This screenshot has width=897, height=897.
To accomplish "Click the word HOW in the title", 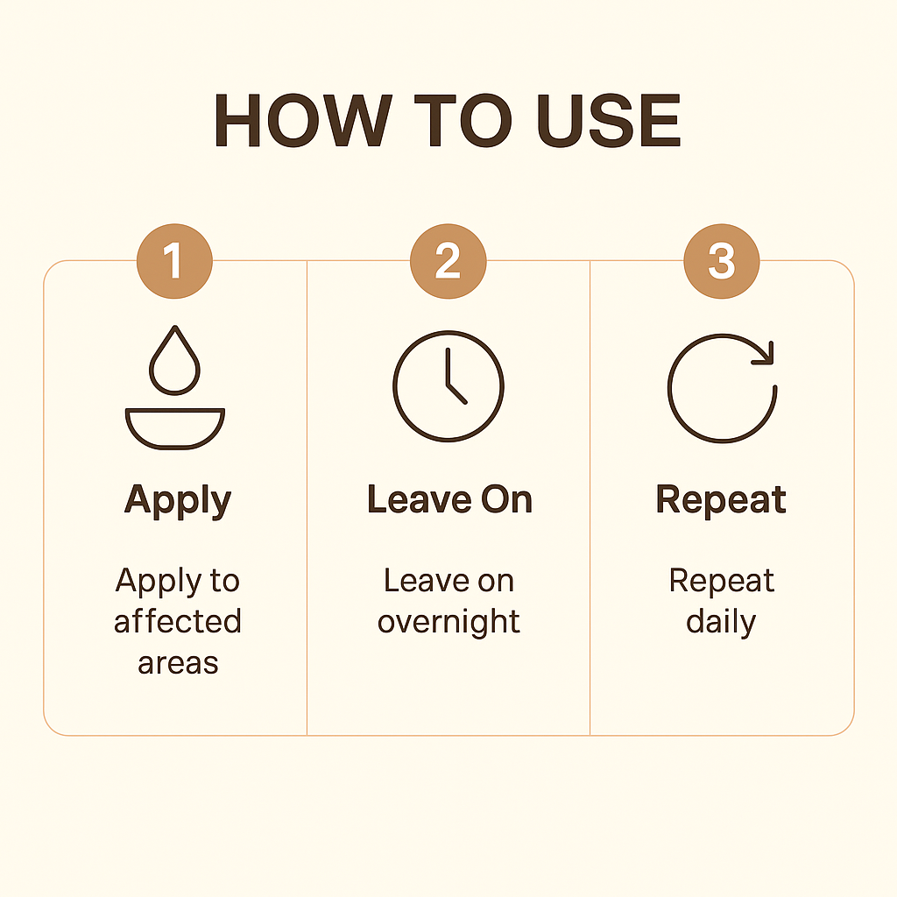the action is click(x=303, y=120).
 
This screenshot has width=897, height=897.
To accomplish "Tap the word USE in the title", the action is click(x=609, y=120).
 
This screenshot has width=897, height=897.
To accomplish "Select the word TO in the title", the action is click(x=463, y=120).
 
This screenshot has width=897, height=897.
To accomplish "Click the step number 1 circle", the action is click(x=174, y=261).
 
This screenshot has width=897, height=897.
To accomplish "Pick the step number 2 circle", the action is click(x=448, y=261).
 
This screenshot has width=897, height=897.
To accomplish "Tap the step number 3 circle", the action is click(x=722, y=261).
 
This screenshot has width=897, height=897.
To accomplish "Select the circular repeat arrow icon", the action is click(x=669, y=389).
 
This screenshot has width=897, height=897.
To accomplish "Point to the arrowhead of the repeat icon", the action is click(x=766, y=354).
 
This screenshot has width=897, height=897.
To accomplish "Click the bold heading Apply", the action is click(x=178, y=500).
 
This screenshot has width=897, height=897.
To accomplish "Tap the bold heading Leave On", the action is click(x=449, y=499).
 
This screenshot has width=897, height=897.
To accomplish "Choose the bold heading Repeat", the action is click(x=721, y=500).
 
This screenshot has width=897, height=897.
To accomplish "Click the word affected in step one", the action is click(x=177, y=621).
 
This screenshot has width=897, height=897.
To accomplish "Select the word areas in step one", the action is click(x=178, y=664).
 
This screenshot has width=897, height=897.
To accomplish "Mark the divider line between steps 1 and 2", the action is click(x=307, y=498).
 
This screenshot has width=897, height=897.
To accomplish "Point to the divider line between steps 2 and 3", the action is click(x=590, y=498).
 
